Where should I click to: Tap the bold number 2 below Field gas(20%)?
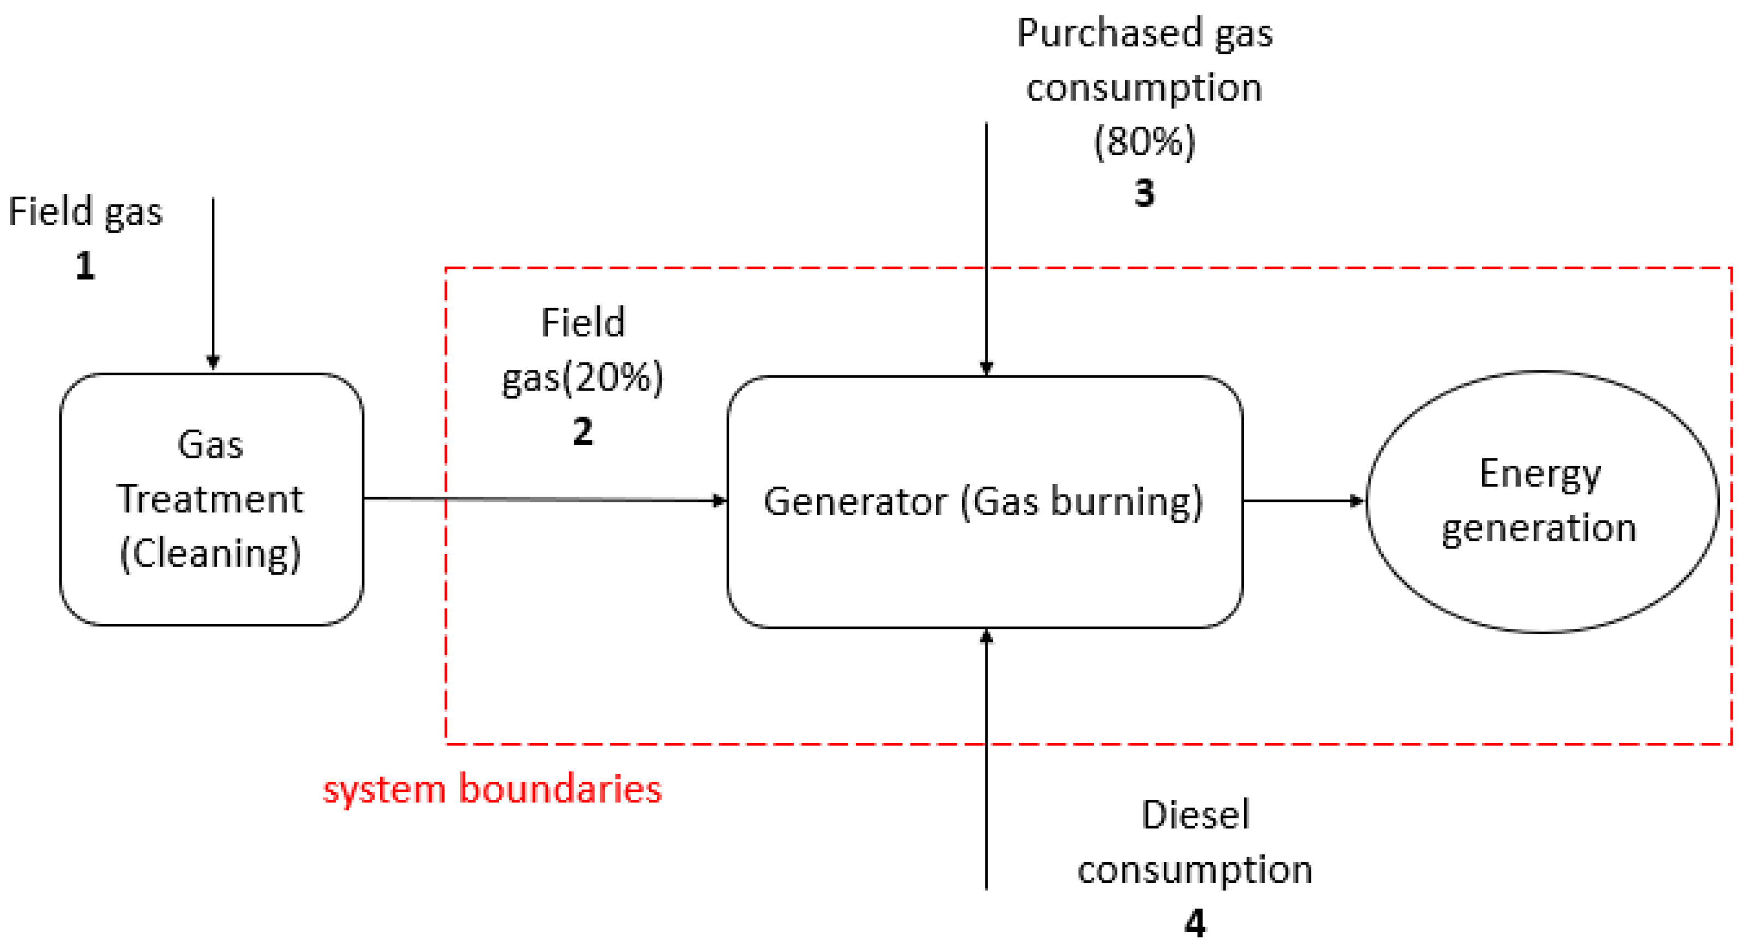(x=583, y=432)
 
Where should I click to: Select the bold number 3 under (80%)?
(x=1145, y=193)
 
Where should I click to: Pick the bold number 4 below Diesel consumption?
(x=1195, y=924)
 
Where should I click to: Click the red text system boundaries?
(x=492, y=789)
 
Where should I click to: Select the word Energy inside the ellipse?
(x=1540, y=474)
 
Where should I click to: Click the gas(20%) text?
(x=583, y=377)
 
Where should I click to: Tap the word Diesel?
(x=1195, y=815)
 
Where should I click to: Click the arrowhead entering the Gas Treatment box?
(x=213, y=362)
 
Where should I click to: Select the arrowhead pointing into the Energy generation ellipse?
(x=1357, y=501)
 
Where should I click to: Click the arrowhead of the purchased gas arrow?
(x=986, y=368)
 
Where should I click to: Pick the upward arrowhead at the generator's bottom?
(x=986, y=636)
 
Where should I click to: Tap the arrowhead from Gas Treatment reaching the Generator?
(x=719, y=501)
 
